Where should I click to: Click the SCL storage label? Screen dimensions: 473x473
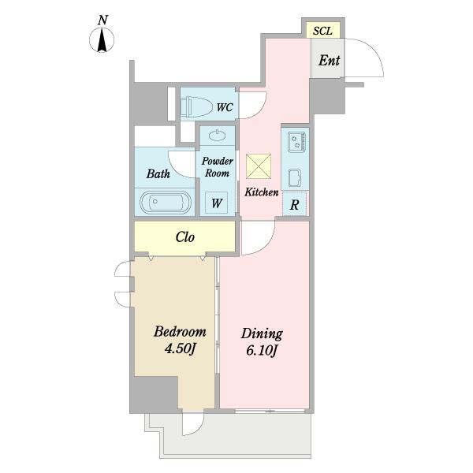[322, 31]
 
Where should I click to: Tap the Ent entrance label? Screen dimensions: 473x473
[329, 61]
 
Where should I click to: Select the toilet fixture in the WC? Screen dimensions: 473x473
[196, 106]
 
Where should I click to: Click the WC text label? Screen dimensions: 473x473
[225, 107]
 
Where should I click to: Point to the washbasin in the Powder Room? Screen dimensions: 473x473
[218, 136]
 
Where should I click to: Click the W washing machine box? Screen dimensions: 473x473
[216, 203]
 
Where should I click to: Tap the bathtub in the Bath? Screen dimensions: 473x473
[166, 202]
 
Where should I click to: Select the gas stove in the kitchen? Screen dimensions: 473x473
[296, 142]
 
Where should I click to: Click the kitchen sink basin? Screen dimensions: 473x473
[294, 177]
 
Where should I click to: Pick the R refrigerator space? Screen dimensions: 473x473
[294, 204]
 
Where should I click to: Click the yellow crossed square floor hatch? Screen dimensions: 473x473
[259, 166]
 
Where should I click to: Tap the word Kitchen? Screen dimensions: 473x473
[261, 192]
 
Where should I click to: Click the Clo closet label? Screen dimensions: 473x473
[185, 237]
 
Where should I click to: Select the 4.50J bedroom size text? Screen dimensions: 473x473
[181, 349]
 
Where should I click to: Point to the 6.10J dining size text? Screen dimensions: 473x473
[262, 351]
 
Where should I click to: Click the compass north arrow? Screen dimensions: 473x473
[102, 40]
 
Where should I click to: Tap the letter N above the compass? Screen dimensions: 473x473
[102, 20]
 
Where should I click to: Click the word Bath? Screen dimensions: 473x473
[158, 173]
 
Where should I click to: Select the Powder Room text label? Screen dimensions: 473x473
[218, 167]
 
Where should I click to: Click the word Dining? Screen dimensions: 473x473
[262, 334]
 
